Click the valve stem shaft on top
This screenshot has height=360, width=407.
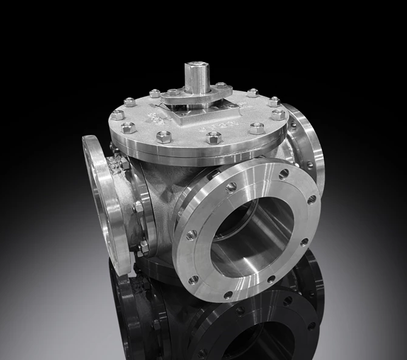(197, 75)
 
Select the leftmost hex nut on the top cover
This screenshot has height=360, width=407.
(117, 114)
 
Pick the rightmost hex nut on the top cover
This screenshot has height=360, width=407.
(278, 114)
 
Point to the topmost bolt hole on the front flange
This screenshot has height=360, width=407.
(231, 187)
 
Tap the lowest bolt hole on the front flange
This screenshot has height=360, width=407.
(228, 295)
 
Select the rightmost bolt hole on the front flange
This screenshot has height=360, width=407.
(312, 199)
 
